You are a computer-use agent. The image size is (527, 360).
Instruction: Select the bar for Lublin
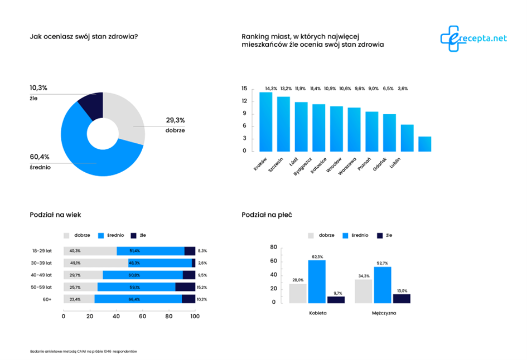(x=425, y=144)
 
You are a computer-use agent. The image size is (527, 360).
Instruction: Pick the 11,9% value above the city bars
(x=301, y=89)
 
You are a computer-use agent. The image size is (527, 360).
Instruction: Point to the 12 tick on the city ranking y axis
(x=244, y=101)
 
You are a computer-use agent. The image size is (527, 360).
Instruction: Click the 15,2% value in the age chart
(x=202, y=287)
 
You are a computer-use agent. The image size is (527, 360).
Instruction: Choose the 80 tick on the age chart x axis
(x=168, y=317)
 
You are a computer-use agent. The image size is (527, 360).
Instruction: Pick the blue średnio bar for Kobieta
(x=317, y=281)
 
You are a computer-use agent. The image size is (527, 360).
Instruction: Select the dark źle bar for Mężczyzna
(x=402, y=298)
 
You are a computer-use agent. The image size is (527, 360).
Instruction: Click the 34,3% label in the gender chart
(x=364, y=275)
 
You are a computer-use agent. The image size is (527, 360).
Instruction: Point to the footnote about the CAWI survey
(x=84, y=352)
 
